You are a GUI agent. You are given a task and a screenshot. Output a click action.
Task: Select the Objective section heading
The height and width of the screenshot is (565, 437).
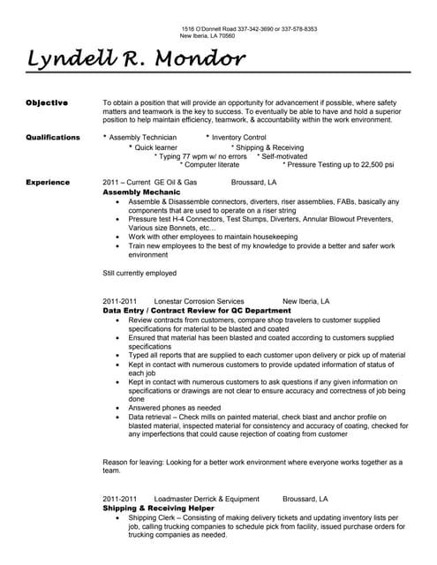pyautogui.click(x=47, y=102)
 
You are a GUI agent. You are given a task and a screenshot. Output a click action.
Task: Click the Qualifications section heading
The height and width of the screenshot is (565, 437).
pyautogui.click(x=53, y=138)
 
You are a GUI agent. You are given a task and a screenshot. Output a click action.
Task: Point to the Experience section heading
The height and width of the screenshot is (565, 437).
pyautogui.click(x=49, y=182)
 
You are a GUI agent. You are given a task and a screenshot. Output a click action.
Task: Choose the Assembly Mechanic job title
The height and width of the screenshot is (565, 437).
pyautogui.click(x=141, y=192)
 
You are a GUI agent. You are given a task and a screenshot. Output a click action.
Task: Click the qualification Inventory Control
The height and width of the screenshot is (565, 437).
pyautogui.click(x=239, y=138)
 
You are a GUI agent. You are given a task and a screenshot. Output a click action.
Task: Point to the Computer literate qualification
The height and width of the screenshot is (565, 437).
pyautogui.click(x=211, y=164)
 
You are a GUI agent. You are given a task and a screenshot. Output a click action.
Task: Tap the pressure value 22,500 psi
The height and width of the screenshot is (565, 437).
pyautogui.click(x=373, y=164)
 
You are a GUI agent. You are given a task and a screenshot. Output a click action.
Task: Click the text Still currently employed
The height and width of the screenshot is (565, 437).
pyautogui.click(x=140, y=273)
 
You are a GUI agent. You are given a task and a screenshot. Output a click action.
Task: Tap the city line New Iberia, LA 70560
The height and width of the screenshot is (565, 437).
pyautogui.click(x=207, y=36)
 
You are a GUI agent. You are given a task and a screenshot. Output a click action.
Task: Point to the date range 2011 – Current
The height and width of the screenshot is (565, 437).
pyautogui.click(x=126, y=182)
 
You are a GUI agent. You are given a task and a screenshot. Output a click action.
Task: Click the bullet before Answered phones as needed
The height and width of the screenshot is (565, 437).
pyautogui.click(x=119, y=409)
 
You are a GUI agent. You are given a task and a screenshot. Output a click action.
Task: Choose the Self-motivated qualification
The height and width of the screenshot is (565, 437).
pyautogui.click(x=292, y=155)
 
